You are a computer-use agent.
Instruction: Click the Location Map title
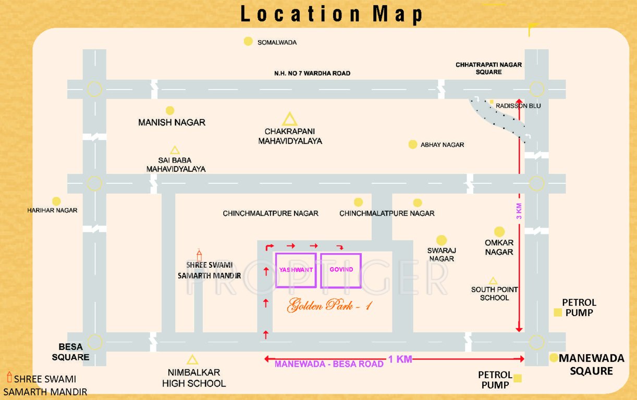click(x=332, y=14)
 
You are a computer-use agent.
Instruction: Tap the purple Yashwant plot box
click(x=296, y=270)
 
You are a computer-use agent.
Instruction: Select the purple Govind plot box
click(x=341, y=270)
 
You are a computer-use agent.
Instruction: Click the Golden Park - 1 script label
click(x=329, y=306)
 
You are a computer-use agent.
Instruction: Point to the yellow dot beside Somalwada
click(x=249, y=42)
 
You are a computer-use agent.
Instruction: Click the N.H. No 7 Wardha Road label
click(x=312, y=73)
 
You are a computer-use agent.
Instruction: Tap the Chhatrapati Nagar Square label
click(x=488, y=68)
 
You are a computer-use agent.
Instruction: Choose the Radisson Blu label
click(x=518, y=106)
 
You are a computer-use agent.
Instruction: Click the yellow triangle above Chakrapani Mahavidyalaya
click(x=289, y=119)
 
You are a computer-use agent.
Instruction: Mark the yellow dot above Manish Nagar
click(x=170, y=110)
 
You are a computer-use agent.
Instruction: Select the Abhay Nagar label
click(x=442, y=145)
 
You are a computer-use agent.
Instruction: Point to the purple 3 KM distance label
click(x=519, y=210)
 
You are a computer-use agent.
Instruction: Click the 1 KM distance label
click(x=400, y=359)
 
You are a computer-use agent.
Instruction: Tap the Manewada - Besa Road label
click(x=329, y=364)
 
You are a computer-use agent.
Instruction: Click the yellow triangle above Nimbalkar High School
click(x=192, y=359)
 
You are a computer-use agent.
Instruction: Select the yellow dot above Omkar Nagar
click(x=499, y=232)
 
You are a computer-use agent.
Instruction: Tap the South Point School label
click(x=494, y=294)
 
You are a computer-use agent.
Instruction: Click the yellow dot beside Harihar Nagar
click(x=56, y=201)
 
